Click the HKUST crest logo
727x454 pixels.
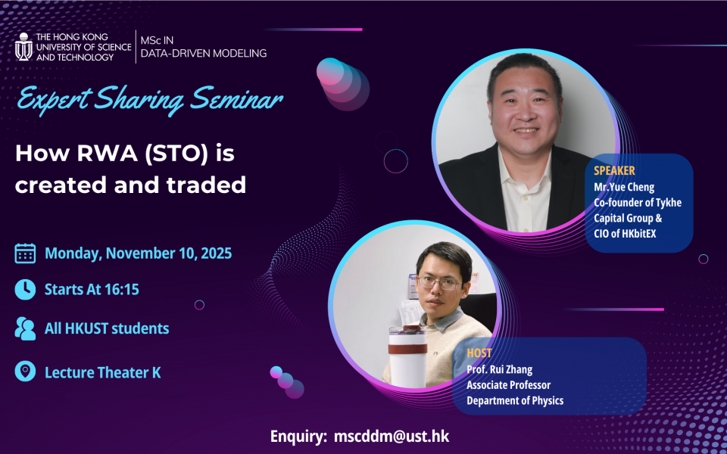point(23,47)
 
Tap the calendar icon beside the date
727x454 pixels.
point(25,253)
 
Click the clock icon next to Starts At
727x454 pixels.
point(25,290)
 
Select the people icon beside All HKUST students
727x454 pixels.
point(25,328)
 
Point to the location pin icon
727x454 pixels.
point(25,371)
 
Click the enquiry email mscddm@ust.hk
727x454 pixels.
point(392,437)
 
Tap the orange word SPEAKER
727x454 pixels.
point(614,170)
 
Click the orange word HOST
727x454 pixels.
point(479,353)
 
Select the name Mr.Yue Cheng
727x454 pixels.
point(624,187)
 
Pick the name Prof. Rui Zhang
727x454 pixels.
point(499,370)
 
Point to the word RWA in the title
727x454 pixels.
point(108,154)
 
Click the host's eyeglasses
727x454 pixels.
point(439,282)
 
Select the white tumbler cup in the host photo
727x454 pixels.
point(407,356)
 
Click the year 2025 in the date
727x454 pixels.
point(216,253)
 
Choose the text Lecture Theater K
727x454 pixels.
point(102,372)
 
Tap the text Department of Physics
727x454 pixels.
point(515,401)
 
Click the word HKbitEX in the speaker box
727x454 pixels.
point(639,234)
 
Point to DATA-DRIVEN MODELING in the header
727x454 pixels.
point(204,53)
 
